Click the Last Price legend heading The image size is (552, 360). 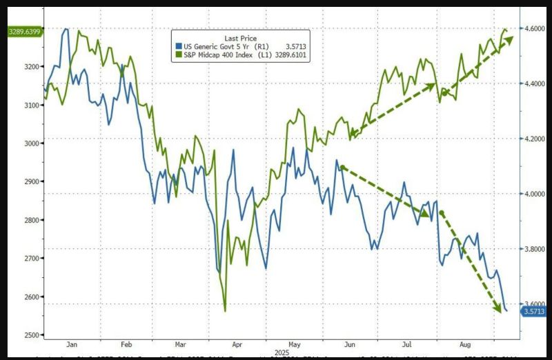tap(239, 38)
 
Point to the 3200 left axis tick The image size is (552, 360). tap(31, 67)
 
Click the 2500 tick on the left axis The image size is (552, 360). tap(31, 335)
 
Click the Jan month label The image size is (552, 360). tap(72, 343)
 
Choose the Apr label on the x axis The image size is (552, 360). tap(237, 343)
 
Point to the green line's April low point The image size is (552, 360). tap(225, 311)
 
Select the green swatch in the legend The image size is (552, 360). tap(177, 54)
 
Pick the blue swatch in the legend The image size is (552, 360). tap(177, 46)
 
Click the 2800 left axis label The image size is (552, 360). tap(31, 220)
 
